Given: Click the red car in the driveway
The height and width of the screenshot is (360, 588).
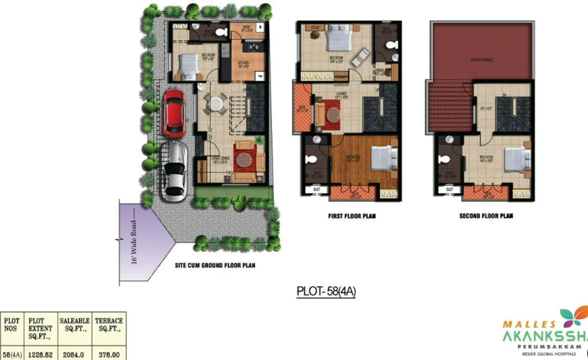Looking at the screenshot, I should click(x=174, y=112).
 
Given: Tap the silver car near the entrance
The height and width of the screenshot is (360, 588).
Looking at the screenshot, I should click(x=175, y=171).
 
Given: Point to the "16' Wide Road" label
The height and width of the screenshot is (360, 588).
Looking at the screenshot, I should click(x=133, y=242).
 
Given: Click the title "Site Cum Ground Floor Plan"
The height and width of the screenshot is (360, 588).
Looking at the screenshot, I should click(x=215, y=265).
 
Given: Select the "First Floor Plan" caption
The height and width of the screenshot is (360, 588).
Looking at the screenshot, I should click(x=352, y=216).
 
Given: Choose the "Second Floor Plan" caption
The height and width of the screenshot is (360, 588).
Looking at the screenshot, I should click(x=486, y=216).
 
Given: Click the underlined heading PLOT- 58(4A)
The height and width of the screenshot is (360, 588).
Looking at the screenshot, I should click(x=326, y=291).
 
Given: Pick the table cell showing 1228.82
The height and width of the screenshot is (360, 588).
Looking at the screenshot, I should click(x=40, y=355).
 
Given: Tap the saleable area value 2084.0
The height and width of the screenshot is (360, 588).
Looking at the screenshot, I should click(x=73, y=355).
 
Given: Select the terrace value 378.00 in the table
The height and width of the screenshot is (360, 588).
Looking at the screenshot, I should click(x=109, y=355).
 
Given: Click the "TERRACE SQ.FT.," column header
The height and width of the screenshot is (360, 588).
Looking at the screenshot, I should click(x=109, y=325).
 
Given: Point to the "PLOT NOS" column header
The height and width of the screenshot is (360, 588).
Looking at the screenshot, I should click(x=12, y=325).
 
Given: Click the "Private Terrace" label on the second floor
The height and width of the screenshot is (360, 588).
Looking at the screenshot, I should click(x=482, y=60).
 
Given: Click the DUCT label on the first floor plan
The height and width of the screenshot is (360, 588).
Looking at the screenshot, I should click(x=317, y=189).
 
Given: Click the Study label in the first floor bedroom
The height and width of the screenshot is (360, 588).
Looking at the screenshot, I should click(x=315, y=28).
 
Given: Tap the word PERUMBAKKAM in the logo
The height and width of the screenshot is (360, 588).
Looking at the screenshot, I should click(x=549, y=347).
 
